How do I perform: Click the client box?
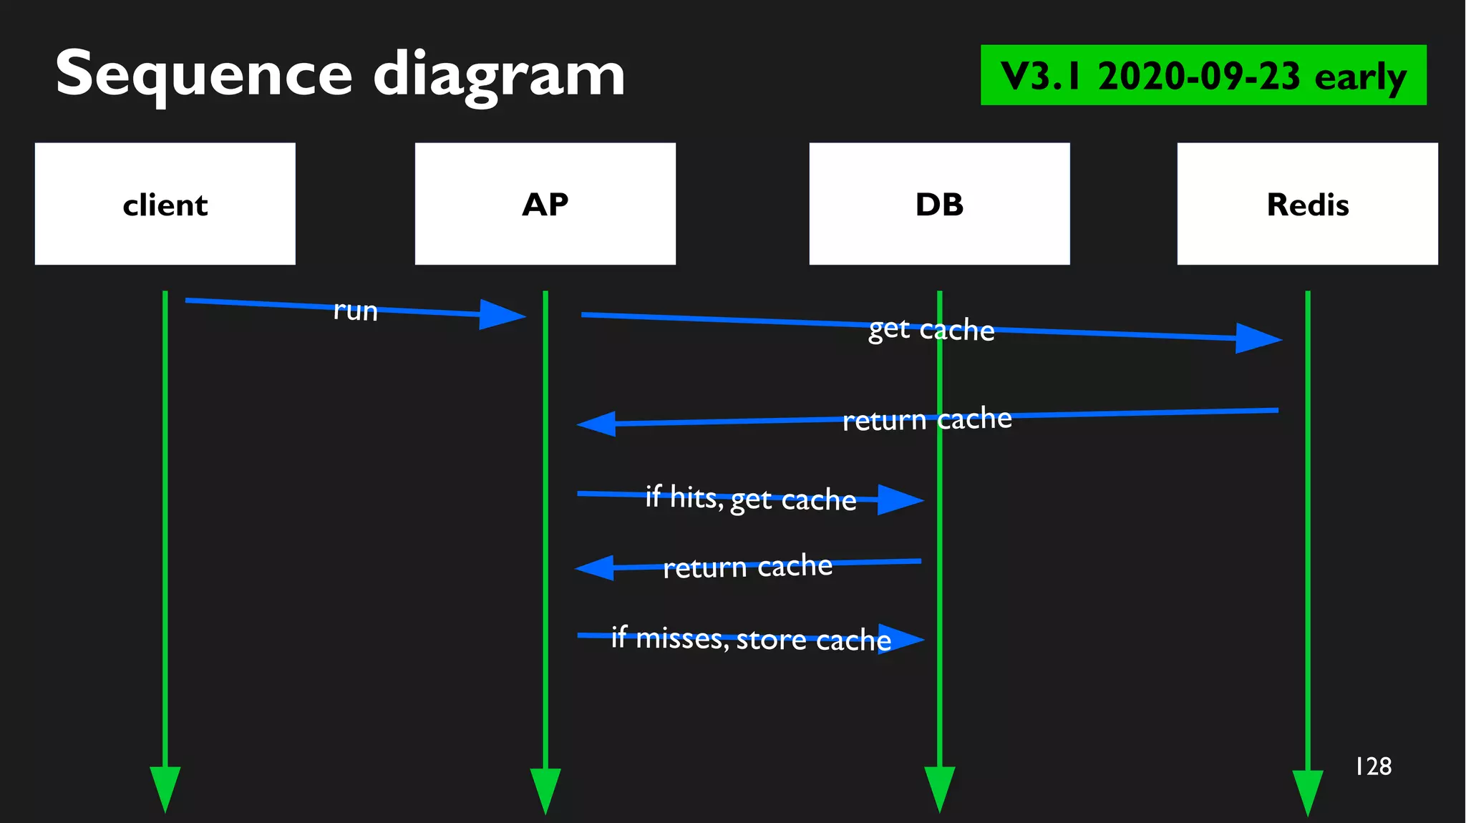165,204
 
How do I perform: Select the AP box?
545,204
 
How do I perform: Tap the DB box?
939,204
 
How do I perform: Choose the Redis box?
1307,204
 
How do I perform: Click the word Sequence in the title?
204,74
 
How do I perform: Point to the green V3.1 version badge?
1203,75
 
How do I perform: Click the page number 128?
1373,766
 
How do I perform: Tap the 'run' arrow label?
356,311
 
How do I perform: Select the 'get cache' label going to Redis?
931,329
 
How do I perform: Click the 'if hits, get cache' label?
750,498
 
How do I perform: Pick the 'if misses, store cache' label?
751,638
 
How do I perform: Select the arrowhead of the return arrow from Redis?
597,424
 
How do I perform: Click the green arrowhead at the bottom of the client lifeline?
165,787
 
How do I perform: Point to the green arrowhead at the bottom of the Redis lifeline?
1307,791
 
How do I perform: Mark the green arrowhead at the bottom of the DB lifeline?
939,787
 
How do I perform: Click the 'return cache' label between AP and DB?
747,566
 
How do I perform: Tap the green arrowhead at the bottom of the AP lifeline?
545,789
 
